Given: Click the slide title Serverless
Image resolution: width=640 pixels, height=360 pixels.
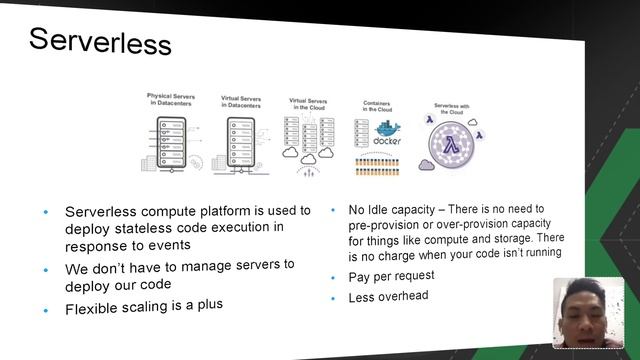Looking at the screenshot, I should coord(99,41).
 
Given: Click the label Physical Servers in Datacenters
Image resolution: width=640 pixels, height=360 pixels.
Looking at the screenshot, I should coord(171,100).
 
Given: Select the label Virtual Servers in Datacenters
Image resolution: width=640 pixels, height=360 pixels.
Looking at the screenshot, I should coord(240,100).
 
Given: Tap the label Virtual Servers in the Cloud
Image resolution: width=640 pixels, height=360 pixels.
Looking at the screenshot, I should coord(310,104).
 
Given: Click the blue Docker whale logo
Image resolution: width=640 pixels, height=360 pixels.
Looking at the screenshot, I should coord(383,129).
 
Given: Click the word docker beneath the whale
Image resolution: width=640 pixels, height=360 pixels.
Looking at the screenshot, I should coord(384,142).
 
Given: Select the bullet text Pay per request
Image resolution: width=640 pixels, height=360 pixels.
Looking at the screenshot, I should coord(390,276).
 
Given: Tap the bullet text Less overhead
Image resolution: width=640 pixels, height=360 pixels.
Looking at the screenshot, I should coord(388,297).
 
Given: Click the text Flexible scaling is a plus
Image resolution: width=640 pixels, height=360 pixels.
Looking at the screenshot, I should coord(144,307).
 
